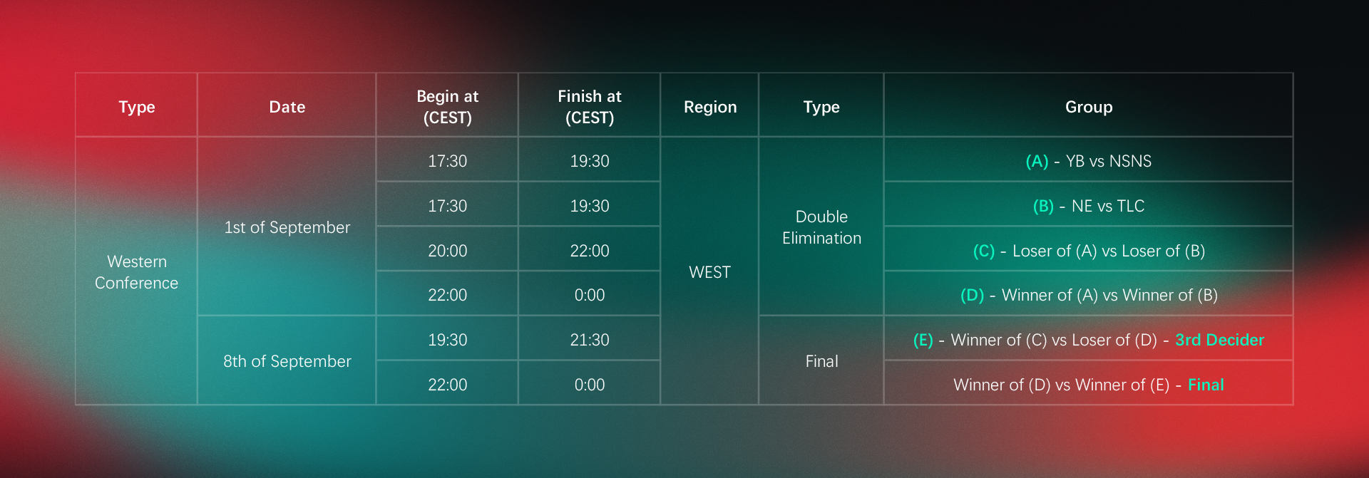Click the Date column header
pos(287,107)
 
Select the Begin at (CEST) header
pos(447,107)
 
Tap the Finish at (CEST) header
pos(589,107)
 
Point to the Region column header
pos(710,107)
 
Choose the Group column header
pos(1089,107)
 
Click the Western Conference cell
pos(136,272)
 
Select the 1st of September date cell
pos(287,227)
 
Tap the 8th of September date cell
pos(287,361)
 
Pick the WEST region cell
pos(709,272)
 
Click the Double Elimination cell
pos(821,227)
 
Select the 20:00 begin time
pos(447,251)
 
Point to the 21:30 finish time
pos(589,340)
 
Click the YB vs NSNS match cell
pos(1088,161)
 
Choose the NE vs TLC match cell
pos(1088,206)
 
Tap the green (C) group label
pos(984,251)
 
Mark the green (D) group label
pos(972,295)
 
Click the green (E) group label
pos(923,340)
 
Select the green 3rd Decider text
pos(1219,340)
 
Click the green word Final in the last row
pos(1206,385)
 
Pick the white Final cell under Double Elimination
pos(821,361)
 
